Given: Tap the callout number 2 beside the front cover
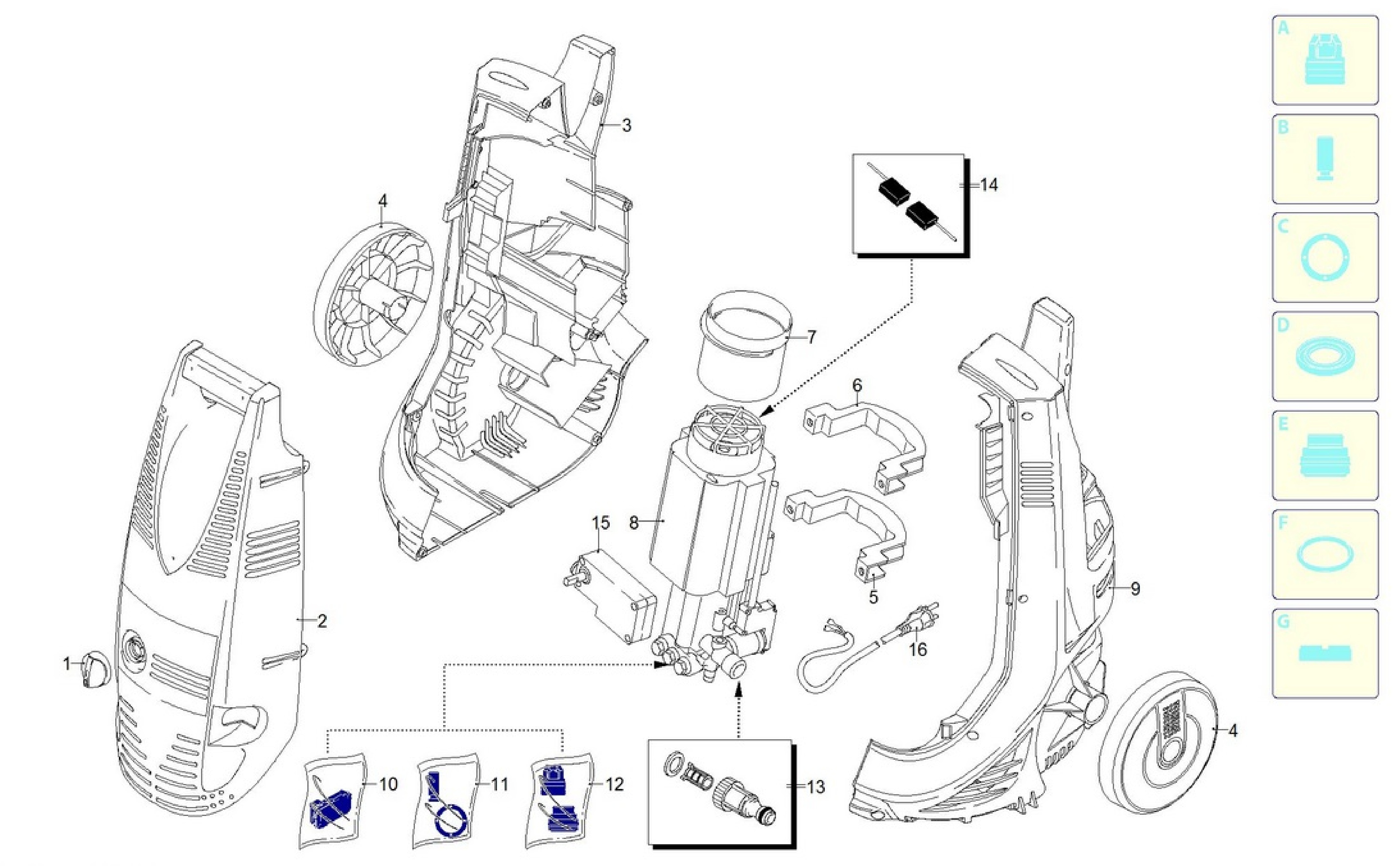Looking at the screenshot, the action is (x=322, y=621).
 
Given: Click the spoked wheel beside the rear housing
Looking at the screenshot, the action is (x=372, y=294).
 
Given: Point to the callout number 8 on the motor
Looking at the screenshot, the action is (x=633, y=522).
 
